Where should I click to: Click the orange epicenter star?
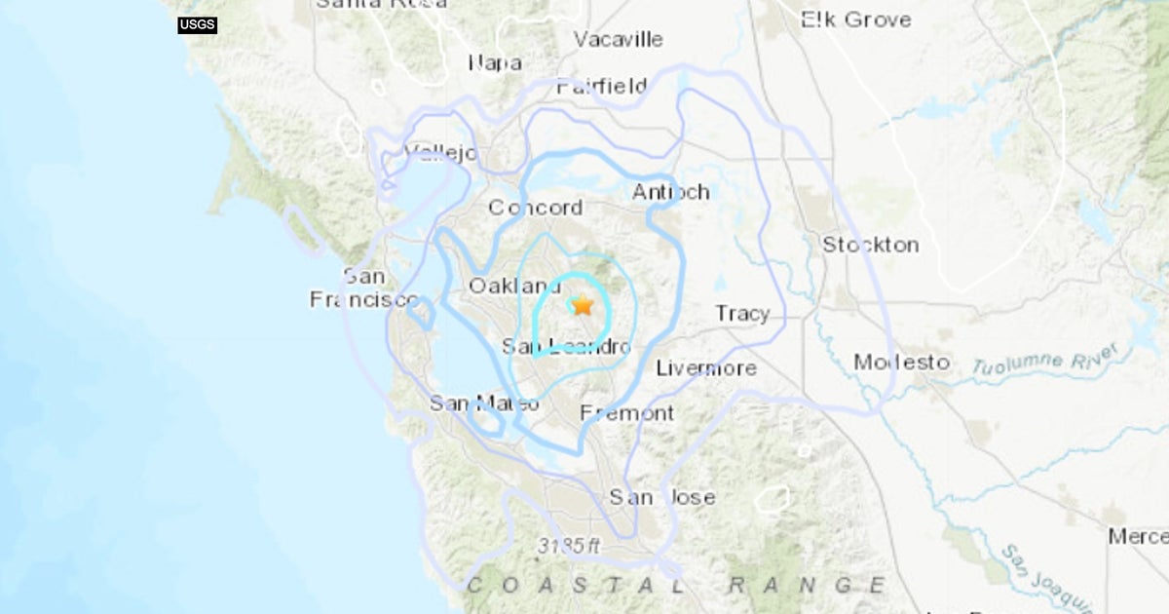pos(583,305)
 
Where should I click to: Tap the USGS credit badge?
pos(197,24)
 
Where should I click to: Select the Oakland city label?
pos(515,286)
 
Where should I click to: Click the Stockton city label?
pos(870,245)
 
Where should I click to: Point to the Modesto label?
pos(901,363)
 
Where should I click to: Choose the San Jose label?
pos(662,497)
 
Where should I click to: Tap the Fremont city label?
pos(627,413)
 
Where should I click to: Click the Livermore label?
pos(706,368)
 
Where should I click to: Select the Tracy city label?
pos(742,314)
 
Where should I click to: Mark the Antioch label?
pos(670,192)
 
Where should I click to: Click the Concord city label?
pos(535,208)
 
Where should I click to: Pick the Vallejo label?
pos(440,153)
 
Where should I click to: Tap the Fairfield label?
pos(602,87)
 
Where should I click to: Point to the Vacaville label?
pos(618,40)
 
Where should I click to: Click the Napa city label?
pos(495,63)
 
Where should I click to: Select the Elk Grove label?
pos(855,19)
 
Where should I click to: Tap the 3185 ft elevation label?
pos(569,547)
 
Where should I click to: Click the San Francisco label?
pos(363,288)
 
